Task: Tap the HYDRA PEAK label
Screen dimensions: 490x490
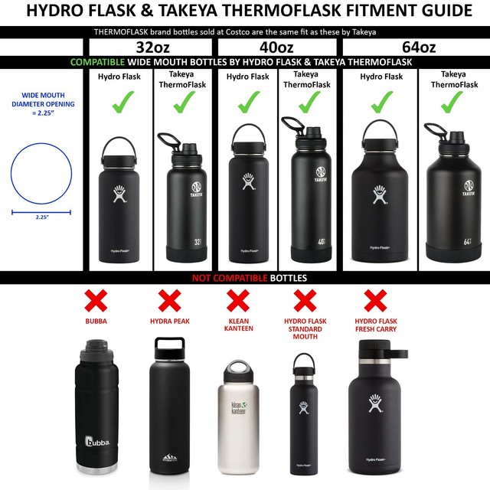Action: pyautogui.click(x=169, y=322)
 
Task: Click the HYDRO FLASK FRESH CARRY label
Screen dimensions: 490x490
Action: pyautogui.click(x=375, y=325)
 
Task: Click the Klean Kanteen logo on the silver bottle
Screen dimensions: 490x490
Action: pyautogui.click(x=239, y=407)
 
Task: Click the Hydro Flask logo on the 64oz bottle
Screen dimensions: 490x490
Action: pyautogui.click(x=381, y=196)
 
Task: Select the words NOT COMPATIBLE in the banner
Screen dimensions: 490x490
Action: pyautogui.click(x=227, y=278)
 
